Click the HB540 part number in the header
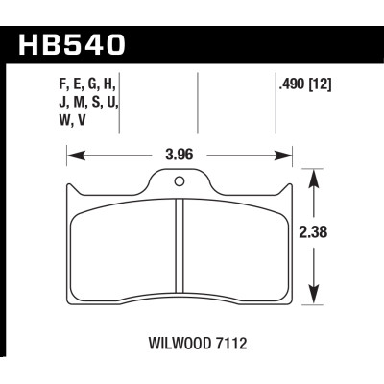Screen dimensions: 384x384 81,43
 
